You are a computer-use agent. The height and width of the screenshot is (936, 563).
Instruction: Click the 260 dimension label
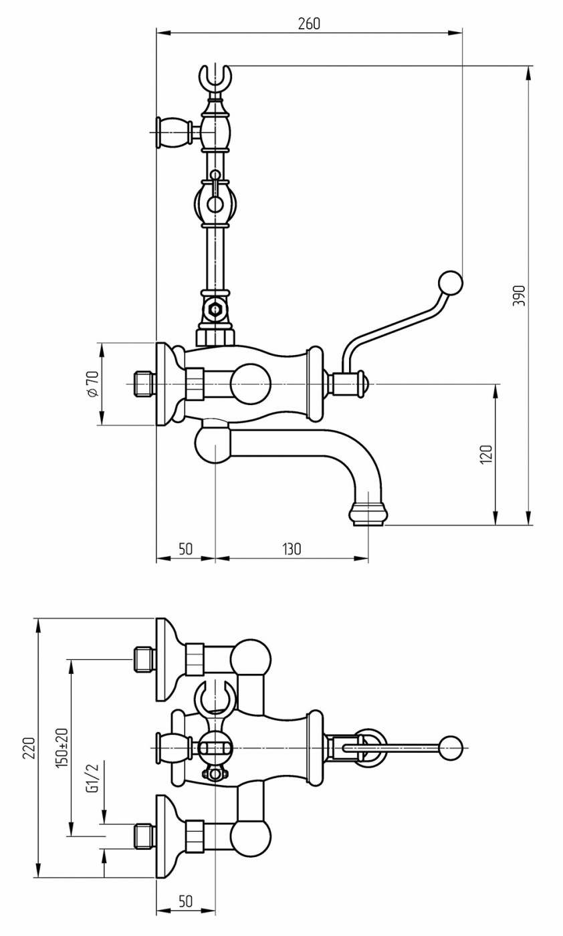[309, 24]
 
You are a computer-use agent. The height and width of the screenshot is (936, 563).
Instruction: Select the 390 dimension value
[518, 296]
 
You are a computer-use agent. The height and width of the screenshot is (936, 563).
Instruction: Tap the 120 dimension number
[487, 454]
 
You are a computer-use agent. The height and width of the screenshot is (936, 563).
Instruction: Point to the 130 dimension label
[291, 549]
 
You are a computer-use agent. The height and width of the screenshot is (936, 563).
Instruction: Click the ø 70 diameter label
[92, 383]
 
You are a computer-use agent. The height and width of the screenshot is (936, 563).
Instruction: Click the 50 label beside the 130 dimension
[185, 549]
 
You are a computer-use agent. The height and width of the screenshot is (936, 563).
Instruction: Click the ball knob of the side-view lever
[450, 283]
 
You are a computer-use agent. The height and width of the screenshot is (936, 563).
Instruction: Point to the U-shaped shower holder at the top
[215, 79]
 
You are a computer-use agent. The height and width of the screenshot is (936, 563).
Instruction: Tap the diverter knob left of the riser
[173, 132]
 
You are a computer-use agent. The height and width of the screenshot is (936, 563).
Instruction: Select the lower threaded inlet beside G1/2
[144, 836]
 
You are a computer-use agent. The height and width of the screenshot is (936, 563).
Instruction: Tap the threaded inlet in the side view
[144, 384]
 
